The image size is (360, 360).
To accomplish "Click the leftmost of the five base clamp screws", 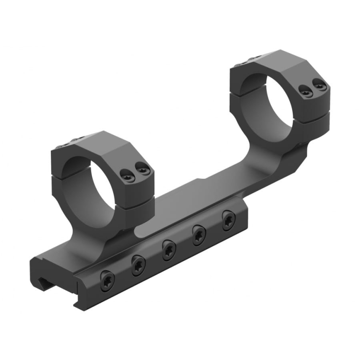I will tap(107, 281).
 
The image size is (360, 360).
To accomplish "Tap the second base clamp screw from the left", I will tap(139, 265).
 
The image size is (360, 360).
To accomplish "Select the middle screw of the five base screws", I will tap(169, 249).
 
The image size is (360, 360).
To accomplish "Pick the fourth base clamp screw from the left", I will tap(198, 234).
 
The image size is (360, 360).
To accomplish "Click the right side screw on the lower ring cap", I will tap(142, 168).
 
